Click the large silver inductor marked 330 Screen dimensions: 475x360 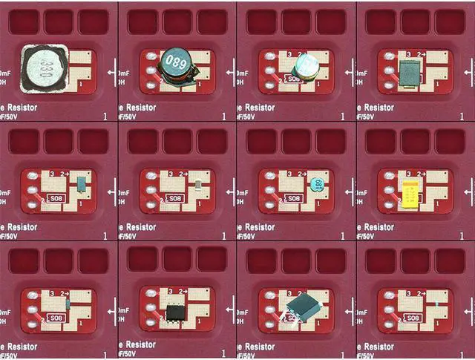click(x=44, y=69)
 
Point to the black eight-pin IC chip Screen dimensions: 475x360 click(x=176, y=312)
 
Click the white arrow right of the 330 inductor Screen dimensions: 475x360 click(x=111, y=72)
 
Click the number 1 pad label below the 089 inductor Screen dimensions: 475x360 click(x=200, y=85)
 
